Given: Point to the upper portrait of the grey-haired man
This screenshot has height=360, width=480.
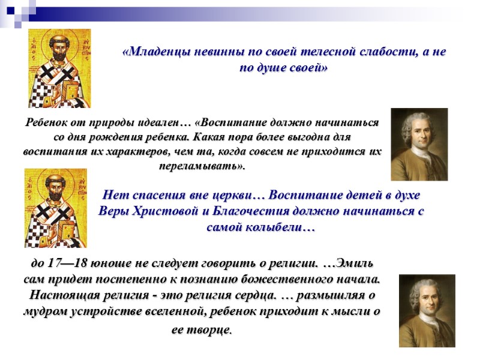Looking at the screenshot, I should coord(419,144).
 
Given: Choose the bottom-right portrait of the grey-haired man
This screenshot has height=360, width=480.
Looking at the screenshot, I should coord(427,310).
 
